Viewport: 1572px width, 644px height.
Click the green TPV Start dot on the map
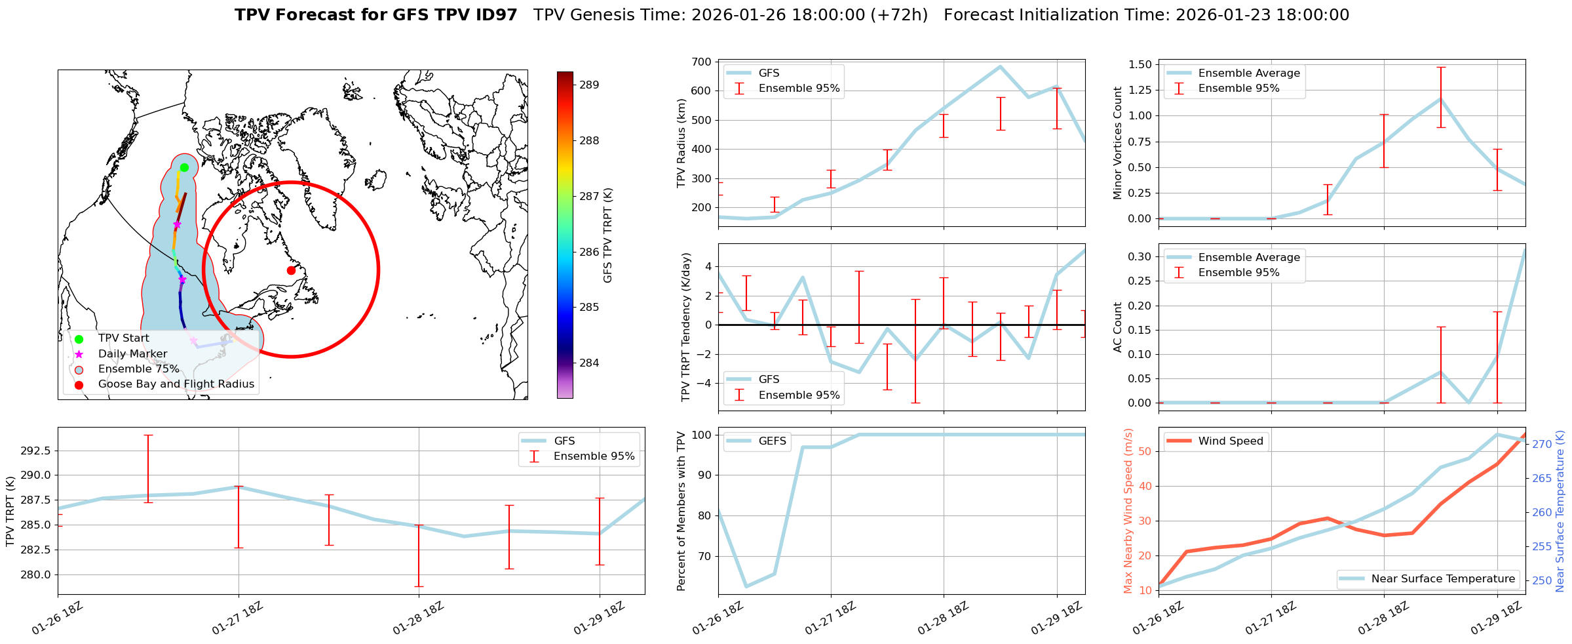point(184,167)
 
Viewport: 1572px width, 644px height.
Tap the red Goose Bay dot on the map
point(291,270)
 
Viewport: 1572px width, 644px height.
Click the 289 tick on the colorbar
point(589,85)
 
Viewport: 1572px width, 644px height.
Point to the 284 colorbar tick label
point(589,363)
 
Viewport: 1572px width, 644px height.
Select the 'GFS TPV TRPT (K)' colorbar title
point(607,235)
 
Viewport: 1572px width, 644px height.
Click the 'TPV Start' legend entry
point(123,338)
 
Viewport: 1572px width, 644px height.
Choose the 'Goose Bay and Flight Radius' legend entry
point(176,384)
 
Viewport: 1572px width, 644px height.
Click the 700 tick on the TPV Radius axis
point(702,62)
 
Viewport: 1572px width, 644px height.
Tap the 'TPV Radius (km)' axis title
point(681,143)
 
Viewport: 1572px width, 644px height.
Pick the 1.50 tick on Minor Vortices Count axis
point(1140,64)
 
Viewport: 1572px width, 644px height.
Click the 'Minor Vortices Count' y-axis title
point(1118,143)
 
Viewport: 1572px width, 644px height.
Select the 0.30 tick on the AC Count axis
point(1140,256)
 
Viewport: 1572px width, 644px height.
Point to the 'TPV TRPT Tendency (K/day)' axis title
point(686,327)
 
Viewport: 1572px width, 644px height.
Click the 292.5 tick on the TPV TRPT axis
point(37,451)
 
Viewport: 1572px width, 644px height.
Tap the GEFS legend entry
point(772,441)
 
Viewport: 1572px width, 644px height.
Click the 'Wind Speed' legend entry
point(1230,441)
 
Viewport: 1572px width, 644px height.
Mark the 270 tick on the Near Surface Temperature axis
point(1542,444)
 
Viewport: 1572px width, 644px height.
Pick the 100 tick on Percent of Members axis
point(702,435)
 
